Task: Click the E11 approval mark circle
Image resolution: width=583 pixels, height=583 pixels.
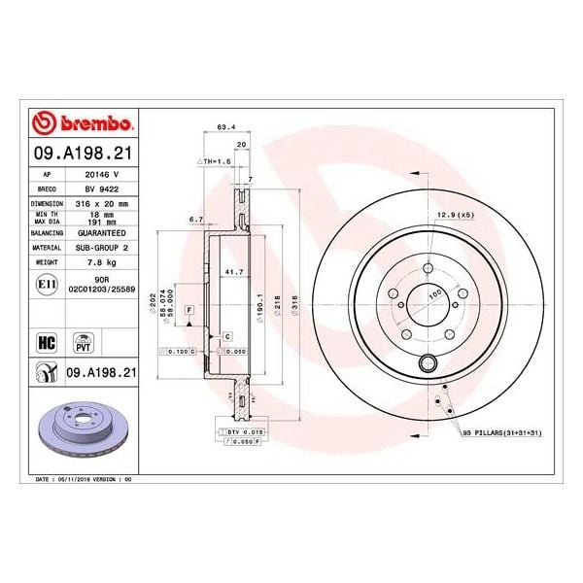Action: point(45,283)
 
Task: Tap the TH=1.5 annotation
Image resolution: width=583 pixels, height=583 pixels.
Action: point(212,159)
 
